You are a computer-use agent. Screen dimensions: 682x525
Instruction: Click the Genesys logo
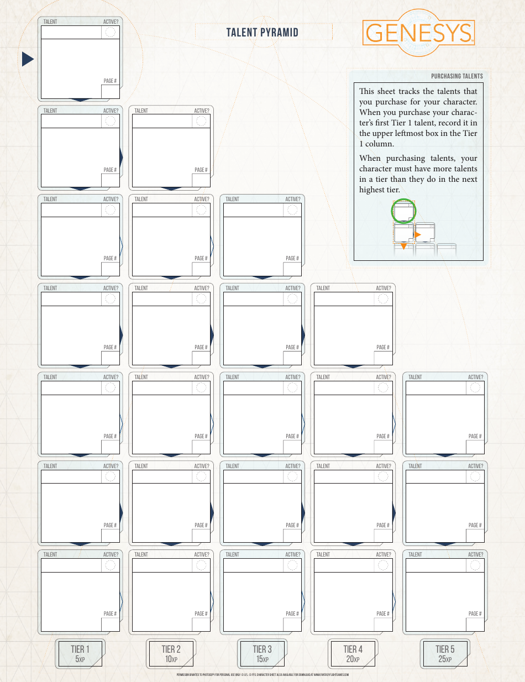[418, 34]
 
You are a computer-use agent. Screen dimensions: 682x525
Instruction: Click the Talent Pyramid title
[262, 33]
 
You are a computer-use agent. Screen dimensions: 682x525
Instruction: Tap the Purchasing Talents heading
[456, 76]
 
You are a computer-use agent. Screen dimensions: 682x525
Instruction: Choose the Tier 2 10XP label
[171, 654]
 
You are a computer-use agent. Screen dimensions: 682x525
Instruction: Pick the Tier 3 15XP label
[262, 654]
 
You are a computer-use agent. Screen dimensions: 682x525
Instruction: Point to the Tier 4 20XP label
[353, 654]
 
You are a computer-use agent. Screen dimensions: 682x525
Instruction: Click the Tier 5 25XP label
[445, 654]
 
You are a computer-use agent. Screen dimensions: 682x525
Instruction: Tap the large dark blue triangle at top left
[28, 59]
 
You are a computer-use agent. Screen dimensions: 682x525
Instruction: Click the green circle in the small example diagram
[403, 211]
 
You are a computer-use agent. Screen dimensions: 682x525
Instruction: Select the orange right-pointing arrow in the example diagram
[418, 235]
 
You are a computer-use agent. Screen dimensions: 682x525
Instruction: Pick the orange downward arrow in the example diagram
[404, 246]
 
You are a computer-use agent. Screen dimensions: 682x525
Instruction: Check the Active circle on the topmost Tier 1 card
[111, 32]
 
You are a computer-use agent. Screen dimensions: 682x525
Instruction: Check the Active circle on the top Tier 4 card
[383, 299]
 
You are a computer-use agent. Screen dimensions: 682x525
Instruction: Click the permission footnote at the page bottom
[262, 675]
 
